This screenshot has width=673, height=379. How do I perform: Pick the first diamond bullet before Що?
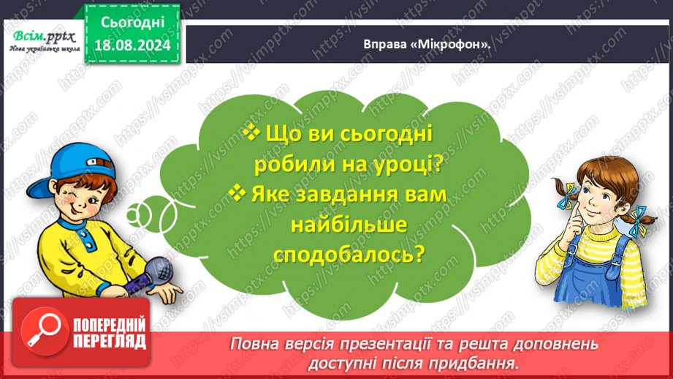(x=251, y=132)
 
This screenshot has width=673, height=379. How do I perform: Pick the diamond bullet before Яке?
(x=237, y=193)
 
